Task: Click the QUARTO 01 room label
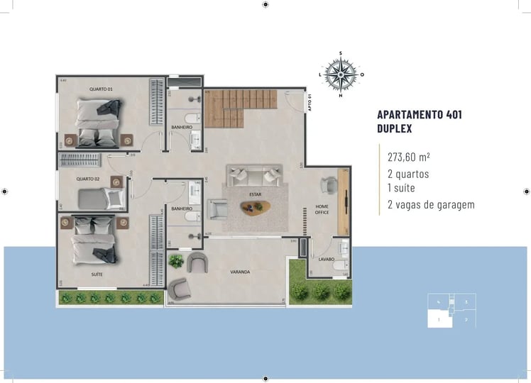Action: (101, 89)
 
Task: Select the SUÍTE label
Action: (95, 273)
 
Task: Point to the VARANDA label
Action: (239, 272)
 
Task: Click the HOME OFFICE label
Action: (322, 209)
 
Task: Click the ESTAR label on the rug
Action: (254, 193)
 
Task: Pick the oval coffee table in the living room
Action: (255, 207)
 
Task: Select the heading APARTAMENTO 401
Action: (420, 115)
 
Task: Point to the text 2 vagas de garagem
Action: (430, 205)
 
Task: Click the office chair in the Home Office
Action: (327, 184)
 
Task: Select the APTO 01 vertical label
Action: (310, 104)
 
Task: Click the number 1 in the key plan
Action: (439, 320)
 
